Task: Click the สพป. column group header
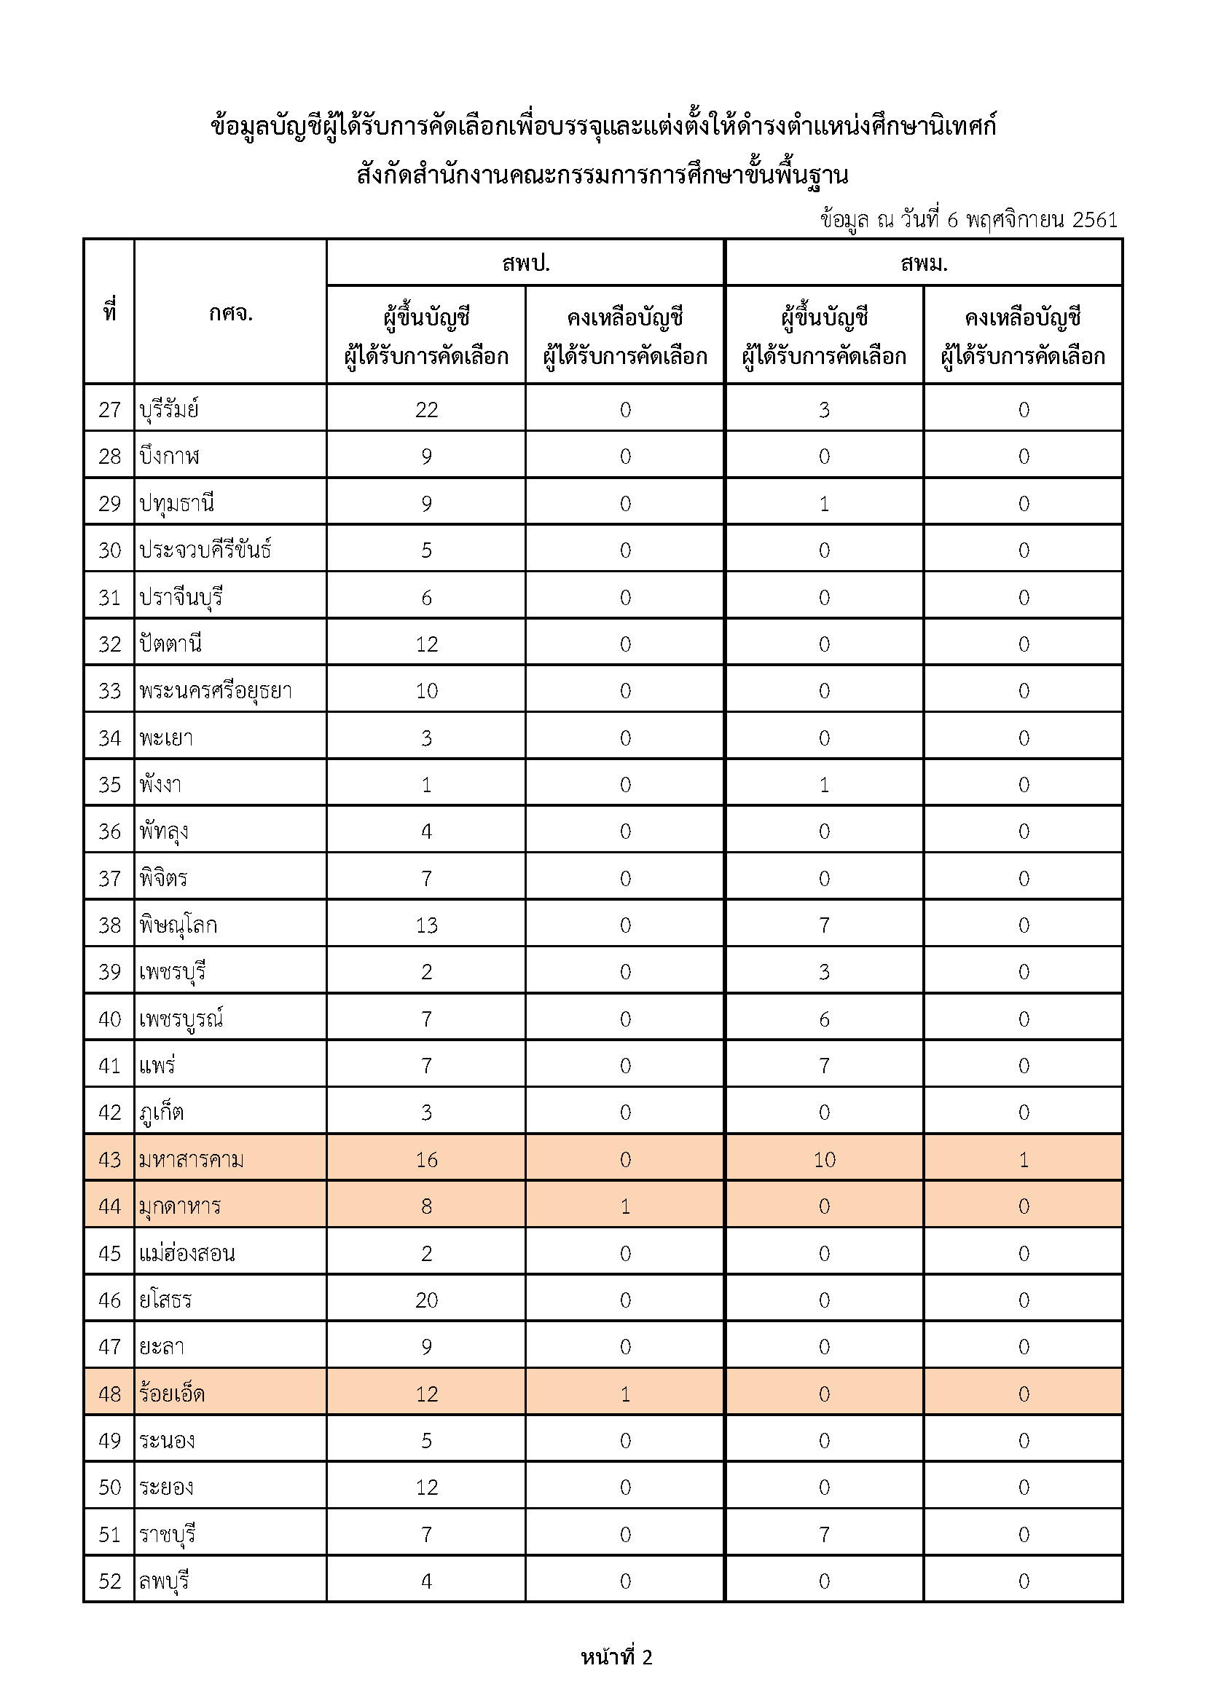tap(525, 264)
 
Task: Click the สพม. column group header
tap(924, 264)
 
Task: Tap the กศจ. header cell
tap(231, 313)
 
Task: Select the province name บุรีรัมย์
tap(169, 409)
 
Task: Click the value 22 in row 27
tap(427, 410)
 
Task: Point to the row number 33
tap(110, 691)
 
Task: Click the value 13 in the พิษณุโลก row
tap(427, 925)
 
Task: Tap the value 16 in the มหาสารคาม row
tap(427, 1160)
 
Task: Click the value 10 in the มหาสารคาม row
tap(825, 1160)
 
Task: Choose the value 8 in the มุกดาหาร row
tap(427, 1206)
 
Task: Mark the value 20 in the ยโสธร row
tap(427, 1300)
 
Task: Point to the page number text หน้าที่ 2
tap(616, 1658)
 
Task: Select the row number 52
tap(110, 1581)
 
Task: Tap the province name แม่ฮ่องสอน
tap(187, 1254)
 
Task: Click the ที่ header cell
tap(110, 312)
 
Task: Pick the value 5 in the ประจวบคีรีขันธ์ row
tap(427, 550)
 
